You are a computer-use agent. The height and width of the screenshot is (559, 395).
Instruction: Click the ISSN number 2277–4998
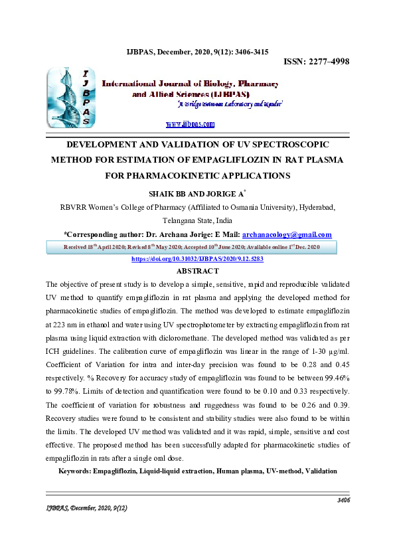317,62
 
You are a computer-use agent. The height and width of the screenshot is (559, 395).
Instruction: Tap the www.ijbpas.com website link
190,124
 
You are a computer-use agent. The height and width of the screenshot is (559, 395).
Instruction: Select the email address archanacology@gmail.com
287,234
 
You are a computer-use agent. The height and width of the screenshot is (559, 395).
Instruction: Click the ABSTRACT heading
197,271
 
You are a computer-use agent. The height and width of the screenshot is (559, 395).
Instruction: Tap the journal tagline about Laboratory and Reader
230,105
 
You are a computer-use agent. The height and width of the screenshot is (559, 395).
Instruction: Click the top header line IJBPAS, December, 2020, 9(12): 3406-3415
197,50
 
